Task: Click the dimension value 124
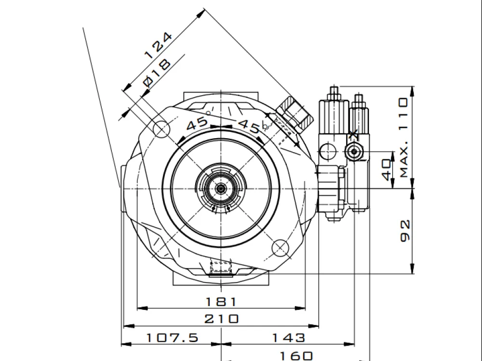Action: click(159, 45)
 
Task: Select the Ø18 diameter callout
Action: click(157, 73)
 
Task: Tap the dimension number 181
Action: click(221, 302)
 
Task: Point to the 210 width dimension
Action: click(221, 319)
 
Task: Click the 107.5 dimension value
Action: click(173, 338)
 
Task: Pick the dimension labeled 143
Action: click(288, 338)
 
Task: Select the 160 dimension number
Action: click(296, 356)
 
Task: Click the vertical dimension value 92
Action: click(405, 231)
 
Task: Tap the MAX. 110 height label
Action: click(404, 138)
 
